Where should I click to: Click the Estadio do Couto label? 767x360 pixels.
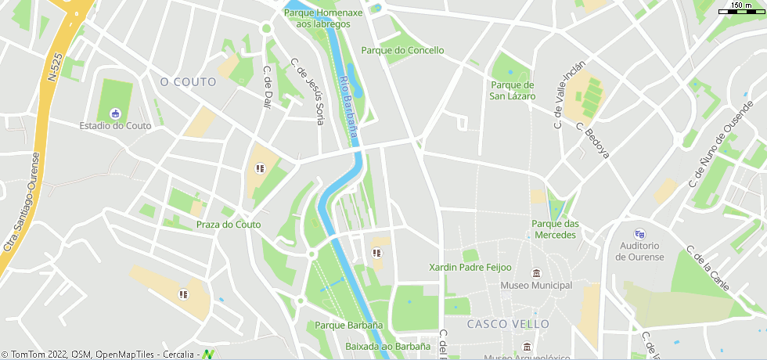pyautogui.click(x=116, y=125)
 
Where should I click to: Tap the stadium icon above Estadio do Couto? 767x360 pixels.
pyautogui.click(x=116, y=113)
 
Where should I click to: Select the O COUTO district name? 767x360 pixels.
pyautogui.click(x=188, y=81)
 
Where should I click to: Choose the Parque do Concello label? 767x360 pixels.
pyautogui.click(x=402, y=50)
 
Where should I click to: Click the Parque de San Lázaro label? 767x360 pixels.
pyautogui.click(x=513, y=91)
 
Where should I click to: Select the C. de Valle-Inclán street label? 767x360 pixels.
pyautogui.click(x=569, y=95)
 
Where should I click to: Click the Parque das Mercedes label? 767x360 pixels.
pyautogui.click(x=555, y=229)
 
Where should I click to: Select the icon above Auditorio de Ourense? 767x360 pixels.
pyautogui.click(x=639, y=233)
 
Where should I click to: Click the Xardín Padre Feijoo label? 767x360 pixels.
pyautogui.click(x=470, y=268)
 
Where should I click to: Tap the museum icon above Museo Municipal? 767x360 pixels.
pyautogui.click(x=536, y=273)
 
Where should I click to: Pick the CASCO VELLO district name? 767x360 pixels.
pyautogui.click(x=508, y=324)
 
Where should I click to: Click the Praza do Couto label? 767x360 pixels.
pyautogui.click(x=229, y=225)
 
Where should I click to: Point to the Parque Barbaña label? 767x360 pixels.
pyautogui.click(x=349, y=325)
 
